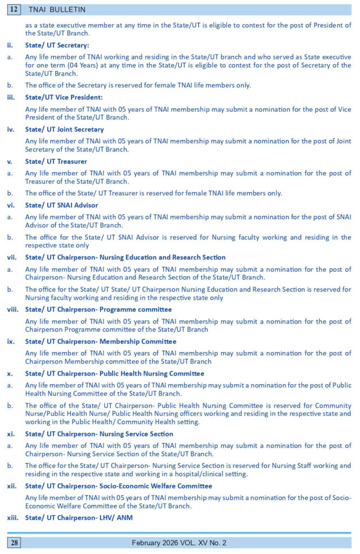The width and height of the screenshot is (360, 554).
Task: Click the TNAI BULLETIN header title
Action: [56, 10]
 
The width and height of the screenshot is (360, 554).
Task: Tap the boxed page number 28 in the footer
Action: [14, 543]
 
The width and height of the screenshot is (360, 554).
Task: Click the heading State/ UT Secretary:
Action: [57, 45]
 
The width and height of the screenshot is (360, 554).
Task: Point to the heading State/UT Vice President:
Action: [64, 97]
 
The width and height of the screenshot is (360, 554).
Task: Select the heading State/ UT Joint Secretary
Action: [65, 130]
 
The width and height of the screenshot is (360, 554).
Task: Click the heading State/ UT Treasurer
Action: [56, 161]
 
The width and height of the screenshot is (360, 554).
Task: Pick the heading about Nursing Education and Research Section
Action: [125, 257]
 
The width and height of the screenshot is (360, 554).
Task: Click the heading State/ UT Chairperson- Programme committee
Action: [98, 309]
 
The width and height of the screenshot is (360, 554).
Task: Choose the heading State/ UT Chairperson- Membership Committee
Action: [101, 341]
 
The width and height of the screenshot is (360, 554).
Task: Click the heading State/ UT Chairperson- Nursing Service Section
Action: [99, 434]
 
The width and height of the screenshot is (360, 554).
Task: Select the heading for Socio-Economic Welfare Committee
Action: [118, 486]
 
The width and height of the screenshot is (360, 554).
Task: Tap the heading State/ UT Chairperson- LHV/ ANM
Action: [79, 518]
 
